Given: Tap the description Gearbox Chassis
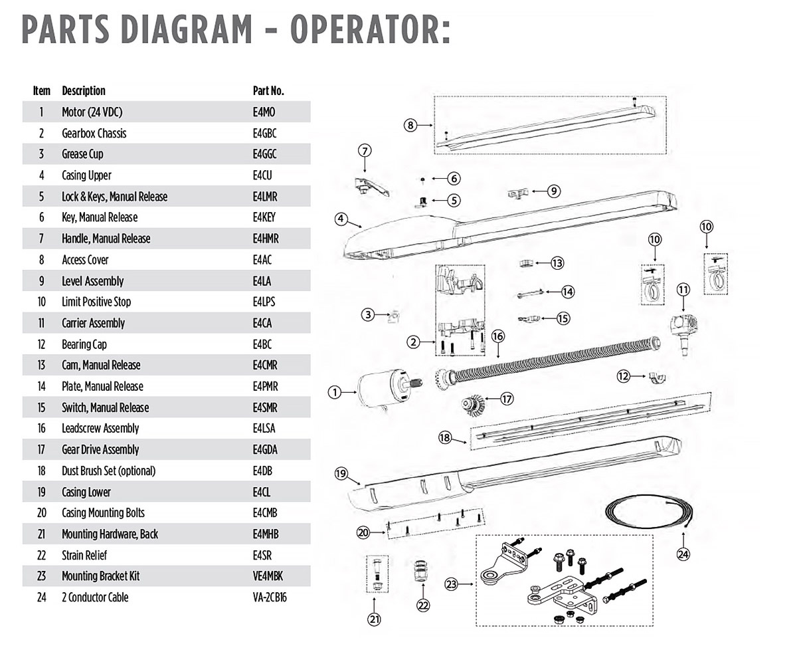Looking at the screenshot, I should pos(94,134).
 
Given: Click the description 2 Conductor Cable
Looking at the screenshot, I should pos(95,597).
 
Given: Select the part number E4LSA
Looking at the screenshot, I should pos(265,429).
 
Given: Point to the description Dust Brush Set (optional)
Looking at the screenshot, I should pos(108,471).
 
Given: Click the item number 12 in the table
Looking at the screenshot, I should pos(41,344).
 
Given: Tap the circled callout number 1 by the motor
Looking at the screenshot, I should pos(335,393).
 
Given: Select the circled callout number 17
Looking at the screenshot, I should pos(507,399).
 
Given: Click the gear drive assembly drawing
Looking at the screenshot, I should pos(472,404).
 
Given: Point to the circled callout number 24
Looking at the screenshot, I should pos(683,554).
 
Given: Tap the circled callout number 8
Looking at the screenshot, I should pos(410,124).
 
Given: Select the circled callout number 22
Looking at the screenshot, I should pos(423,605).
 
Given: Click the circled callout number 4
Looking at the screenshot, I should pos(341,218).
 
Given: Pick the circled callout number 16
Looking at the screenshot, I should pos(497,336).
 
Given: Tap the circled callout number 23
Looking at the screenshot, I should pos(452,585).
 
